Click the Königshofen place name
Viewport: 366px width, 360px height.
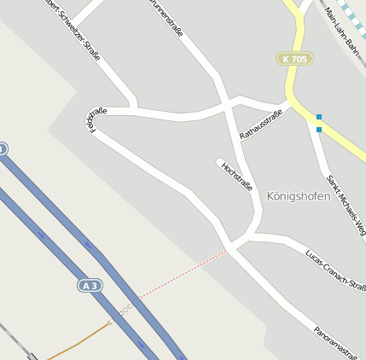299,195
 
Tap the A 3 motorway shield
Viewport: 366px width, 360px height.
90,285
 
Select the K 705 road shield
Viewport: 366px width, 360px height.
294,59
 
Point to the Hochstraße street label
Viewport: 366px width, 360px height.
237,175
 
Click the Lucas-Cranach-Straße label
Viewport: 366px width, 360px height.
335,270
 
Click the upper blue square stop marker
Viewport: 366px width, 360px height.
319,116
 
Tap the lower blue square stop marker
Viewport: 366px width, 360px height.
319,130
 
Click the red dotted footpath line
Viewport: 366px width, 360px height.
183,274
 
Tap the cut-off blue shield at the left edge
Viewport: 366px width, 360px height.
3,148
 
